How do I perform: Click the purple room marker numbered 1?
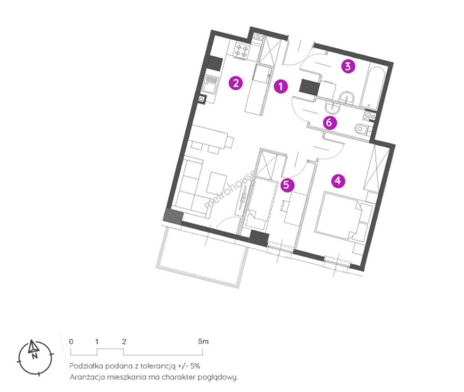click(281, 86)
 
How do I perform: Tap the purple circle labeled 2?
click(236, 83)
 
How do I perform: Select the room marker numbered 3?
click(348, 67)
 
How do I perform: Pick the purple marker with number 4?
click(338, 180)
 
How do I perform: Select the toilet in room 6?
click(362, 130)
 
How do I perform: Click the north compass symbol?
click(35, 355)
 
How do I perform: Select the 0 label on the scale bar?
click(71, 342)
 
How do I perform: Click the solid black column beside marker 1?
click(309, 88)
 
